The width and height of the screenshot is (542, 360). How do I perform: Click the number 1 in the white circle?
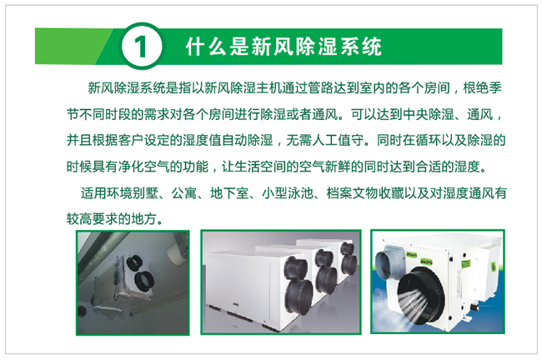[x=141, y=47]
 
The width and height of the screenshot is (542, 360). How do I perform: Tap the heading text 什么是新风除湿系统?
[x=284, y=47]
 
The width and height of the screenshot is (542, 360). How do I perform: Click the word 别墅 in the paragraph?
[x=145, y=192]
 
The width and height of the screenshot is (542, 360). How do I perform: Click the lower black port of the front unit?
[x=299, y=297]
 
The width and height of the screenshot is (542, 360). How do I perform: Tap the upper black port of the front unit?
[x=295, y=267]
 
